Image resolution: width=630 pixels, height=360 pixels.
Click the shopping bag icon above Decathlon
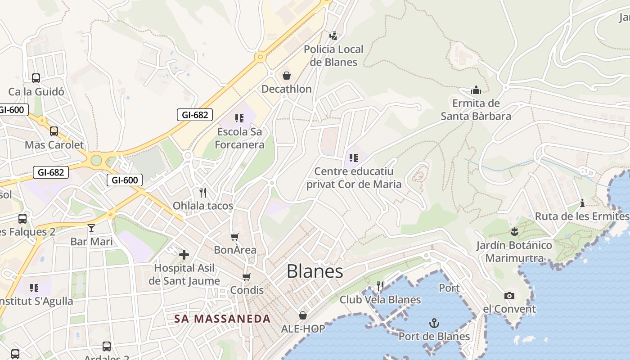(x=287, y=76)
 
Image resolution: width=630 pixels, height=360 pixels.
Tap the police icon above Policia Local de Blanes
(x=333, y=36)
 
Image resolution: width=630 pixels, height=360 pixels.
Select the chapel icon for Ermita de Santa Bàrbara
(x=476, y=90)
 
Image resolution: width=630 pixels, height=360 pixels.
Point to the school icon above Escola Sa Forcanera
(x=239, y=118)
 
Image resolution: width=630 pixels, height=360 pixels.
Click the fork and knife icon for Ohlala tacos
(x=203, y=193)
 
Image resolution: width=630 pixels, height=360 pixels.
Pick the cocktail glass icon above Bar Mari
(x=91, y=228)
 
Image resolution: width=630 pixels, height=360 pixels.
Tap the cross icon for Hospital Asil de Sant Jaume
(x=184, y=255)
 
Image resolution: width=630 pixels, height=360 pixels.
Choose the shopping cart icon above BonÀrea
(x=235, y=237)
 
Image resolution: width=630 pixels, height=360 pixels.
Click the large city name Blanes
(x=315, y=271)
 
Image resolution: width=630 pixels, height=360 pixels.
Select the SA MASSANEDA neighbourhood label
(x=222, y=319)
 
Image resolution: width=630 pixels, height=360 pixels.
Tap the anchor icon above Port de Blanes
(x=434, y=323)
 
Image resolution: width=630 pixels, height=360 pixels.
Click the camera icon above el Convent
(x=509, y=296)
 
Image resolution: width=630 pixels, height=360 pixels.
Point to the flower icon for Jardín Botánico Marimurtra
(x=514, y=232)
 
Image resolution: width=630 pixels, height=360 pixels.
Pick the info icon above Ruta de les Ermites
(x=582, y=203)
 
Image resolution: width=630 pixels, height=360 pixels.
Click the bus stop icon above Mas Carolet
(x=54, y=131)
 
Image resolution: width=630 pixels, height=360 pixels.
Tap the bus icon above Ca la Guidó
(x=36, y=78)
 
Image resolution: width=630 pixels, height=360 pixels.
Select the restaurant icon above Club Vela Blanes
(x=380, y=286)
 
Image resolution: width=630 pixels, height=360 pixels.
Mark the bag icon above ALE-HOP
(x=303, y=315)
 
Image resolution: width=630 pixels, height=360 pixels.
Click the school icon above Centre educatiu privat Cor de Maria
(x=354, y=157)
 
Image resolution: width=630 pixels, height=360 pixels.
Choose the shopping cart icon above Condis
(x=246, y=277)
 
